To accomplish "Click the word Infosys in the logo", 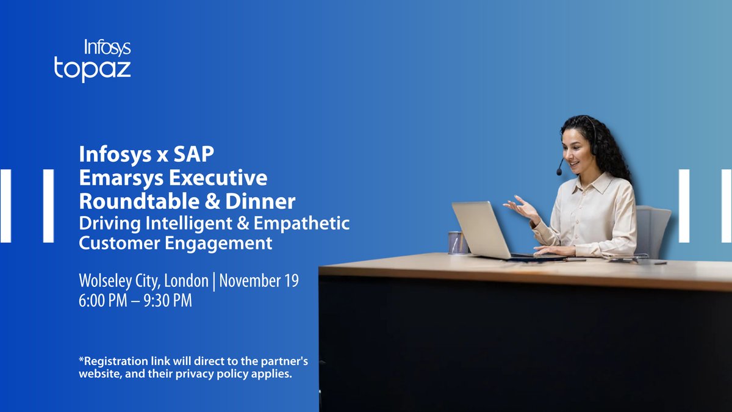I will (107, 48).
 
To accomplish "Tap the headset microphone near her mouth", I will (559, 172).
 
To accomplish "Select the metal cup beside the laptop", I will (456, 242).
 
